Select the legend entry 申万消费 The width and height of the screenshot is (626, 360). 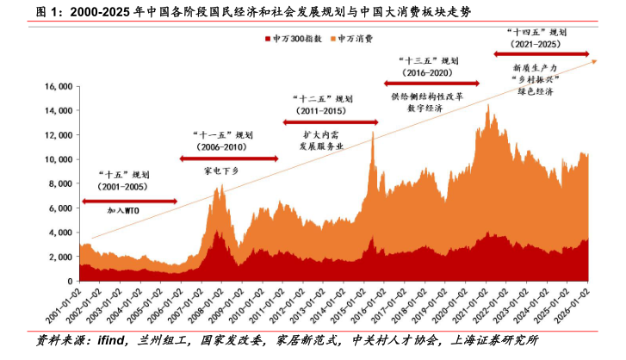tap(355, 40)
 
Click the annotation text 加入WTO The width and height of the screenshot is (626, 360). tap(126, 210)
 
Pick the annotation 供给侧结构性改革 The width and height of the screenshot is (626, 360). tap(426, 96)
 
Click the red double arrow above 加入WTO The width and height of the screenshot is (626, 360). tap(129, 202)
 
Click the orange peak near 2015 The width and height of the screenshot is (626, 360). tap(373, 133)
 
